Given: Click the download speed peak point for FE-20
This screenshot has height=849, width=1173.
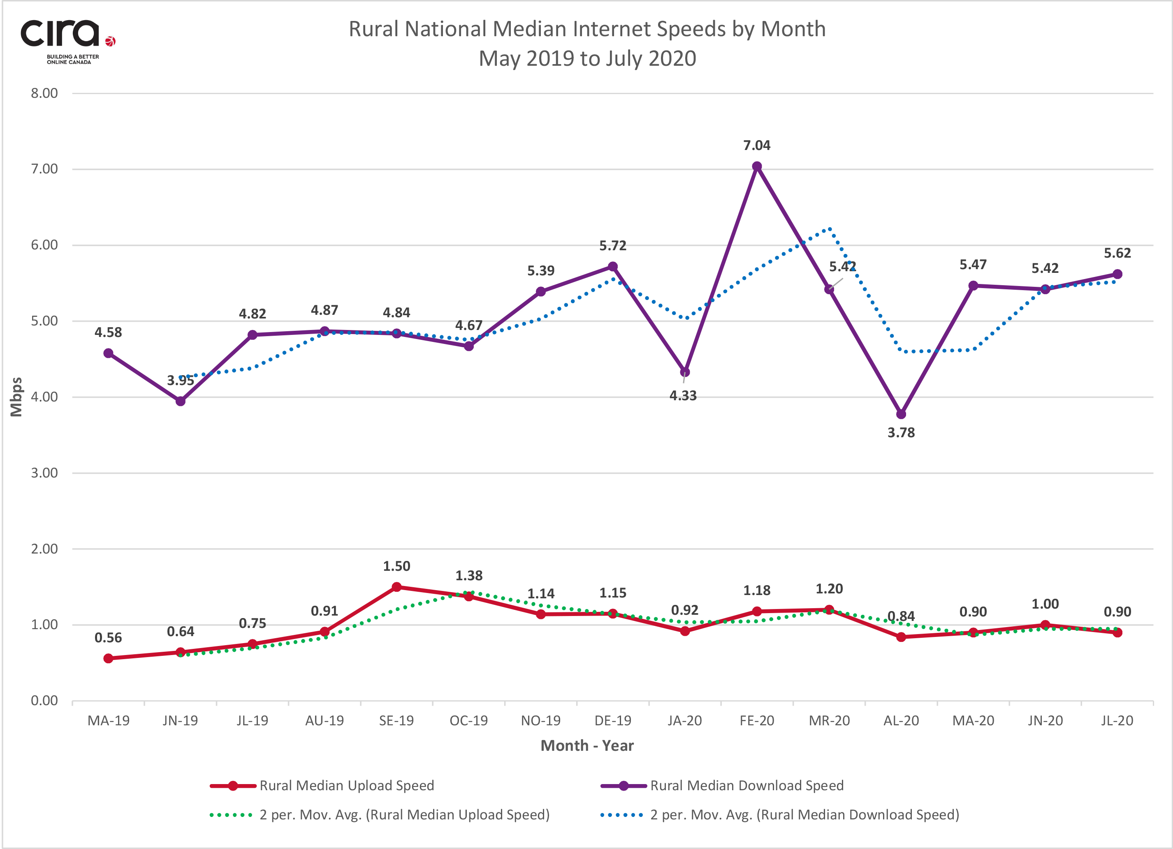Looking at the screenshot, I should point(757,166).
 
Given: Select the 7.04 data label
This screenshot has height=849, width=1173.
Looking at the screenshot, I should point(757,146).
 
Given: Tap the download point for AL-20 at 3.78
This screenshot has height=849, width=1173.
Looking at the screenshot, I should point(901,414).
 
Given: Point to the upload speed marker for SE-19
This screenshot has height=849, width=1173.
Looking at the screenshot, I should point(396,587).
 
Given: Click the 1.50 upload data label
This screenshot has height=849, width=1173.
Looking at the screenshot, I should point(396,566).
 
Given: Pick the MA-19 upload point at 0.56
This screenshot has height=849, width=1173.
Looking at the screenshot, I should point(109,658).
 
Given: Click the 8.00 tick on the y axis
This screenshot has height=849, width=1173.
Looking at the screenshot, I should point(44,94).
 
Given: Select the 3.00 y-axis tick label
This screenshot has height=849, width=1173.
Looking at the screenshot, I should point(44,473).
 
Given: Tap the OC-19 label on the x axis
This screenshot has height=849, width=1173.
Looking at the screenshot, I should point(468,721).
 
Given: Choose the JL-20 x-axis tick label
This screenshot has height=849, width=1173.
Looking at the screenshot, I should point(1117,721).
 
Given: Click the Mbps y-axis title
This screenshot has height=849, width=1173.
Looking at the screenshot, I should point(16,397).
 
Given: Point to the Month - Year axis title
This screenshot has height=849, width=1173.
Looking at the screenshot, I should point(587,746).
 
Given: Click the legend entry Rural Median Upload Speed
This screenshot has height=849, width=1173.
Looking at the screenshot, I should point(347,785).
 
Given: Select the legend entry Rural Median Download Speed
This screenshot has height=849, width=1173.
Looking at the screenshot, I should point(746,785).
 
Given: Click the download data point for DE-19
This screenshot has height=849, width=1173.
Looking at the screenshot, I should point(613,267).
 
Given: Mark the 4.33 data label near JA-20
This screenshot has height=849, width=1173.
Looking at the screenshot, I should point(683,396).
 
